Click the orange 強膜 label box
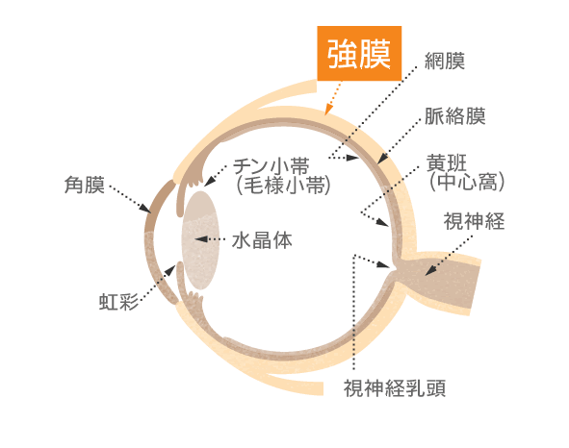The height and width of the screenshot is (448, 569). (359, 53)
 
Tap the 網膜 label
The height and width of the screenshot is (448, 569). (445, 61)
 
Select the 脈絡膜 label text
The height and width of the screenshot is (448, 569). (455, 116)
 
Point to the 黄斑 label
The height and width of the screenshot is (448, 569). (447, 162)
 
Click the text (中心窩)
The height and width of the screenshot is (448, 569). (467, 182)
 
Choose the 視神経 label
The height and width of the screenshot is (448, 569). (474, 221)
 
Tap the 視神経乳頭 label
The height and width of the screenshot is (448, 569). (395, 388)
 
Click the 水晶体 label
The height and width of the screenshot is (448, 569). (262, 240)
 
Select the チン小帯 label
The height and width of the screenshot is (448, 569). (271, 166)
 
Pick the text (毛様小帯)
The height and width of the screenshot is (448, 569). (283, 186)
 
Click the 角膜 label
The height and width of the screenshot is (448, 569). (85, 185)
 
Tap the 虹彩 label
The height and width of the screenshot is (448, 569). (119, 302)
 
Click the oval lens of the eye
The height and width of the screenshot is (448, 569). (200, 240)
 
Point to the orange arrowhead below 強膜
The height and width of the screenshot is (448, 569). (328, 110)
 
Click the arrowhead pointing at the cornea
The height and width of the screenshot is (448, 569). (146, 209)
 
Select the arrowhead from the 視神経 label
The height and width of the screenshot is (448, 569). (430, 270)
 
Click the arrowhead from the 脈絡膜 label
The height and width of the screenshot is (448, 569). (382, 159)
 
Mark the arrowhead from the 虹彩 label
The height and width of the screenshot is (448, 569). (170, 270)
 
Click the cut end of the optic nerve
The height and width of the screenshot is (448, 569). (476, 287)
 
